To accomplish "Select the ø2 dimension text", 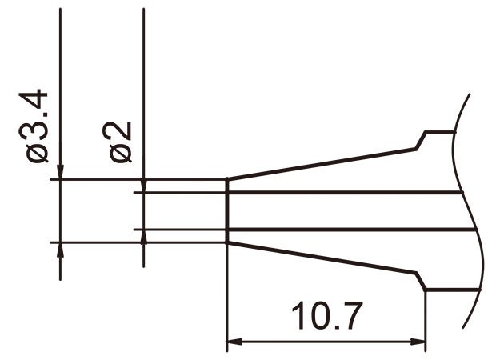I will click(x=120, y=142).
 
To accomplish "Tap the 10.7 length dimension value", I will click(x=328, y=318).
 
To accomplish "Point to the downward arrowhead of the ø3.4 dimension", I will click(x=61, y=171).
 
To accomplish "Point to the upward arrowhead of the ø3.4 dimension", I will click(x=61, y=250).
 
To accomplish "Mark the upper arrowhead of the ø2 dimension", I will click(x=143, y=185).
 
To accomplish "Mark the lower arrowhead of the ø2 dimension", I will click(x=143, y=237).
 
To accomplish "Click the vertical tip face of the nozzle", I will click(x=227, y=210).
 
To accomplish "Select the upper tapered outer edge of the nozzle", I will click(x=320, y=163).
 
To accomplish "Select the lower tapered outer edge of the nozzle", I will click(x=320, y=258).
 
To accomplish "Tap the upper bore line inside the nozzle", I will click(x=344, y=193).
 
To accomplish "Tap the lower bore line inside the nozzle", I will click(x=344, y=230).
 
